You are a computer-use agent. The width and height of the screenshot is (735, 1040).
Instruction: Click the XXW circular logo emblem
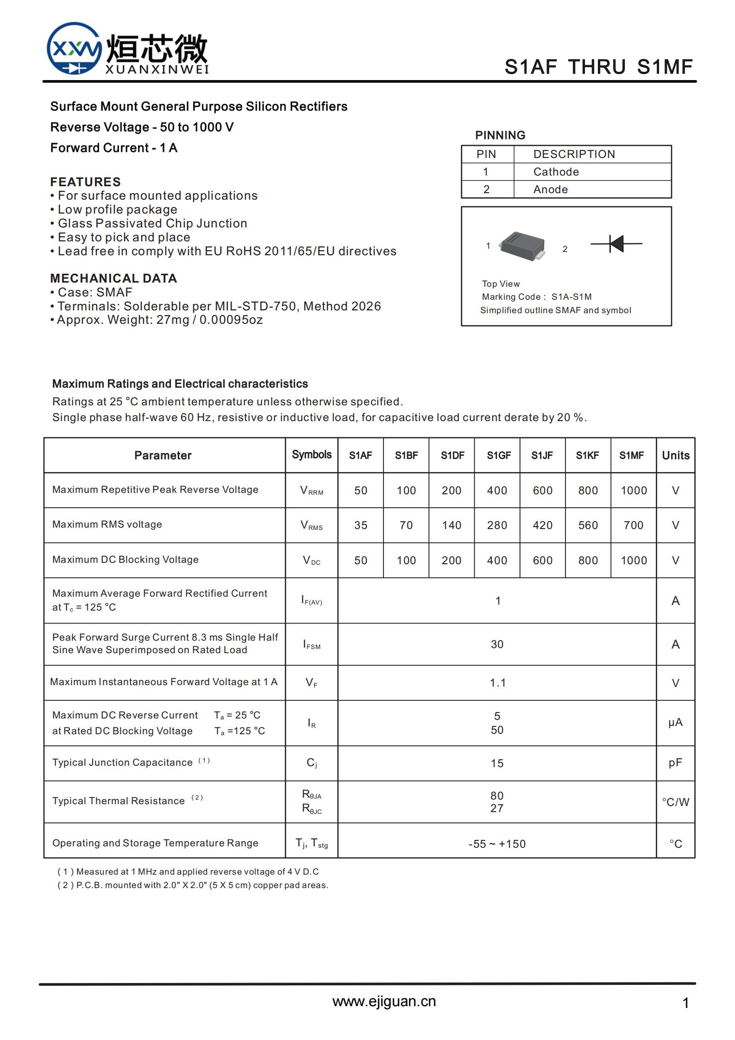click(x=74, y=49)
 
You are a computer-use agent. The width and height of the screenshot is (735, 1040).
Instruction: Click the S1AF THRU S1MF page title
click(x=598, y=67)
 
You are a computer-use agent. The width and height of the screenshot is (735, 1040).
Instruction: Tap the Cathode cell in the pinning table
click(x=556, y=172)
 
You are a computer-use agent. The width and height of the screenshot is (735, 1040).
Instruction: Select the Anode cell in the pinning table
click(x=550, y=189)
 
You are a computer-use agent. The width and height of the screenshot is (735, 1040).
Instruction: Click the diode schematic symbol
click(x=616, y=244)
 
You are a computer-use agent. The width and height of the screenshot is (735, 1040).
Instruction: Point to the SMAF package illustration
click(x=522, y=246)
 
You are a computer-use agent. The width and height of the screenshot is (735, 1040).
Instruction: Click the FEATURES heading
click(x=85, y=182)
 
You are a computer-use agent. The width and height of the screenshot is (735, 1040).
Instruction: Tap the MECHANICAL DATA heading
click(x=113, y=278)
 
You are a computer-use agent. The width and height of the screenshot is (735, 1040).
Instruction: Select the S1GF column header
click(x=498, y=455)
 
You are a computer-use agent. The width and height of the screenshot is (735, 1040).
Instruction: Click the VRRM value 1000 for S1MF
click(x=634, y=491)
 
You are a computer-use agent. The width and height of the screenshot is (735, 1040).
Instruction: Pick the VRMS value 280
click(x=497, y=525)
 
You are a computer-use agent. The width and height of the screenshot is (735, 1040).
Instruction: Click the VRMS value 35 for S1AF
click(x=361, y=525)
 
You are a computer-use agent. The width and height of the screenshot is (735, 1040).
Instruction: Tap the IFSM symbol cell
click(x=312, y=644)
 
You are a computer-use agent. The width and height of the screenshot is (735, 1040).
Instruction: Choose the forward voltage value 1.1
click(x=497, y=683)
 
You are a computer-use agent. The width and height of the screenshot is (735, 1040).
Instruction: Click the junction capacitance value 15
click(x=497, y=763)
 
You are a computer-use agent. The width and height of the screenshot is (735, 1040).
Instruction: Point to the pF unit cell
click(x=675, y=763)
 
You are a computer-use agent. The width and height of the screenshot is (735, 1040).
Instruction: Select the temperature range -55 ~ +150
click(x=497, y=844)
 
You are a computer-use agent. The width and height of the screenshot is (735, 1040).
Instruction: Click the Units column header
click(x=675, y=455)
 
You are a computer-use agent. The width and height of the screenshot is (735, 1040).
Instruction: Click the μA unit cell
click(x=675, y=722)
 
